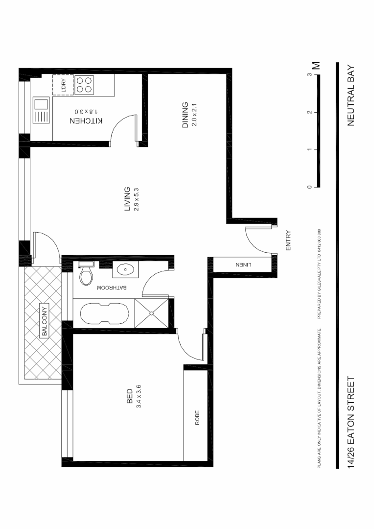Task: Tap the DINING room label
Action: click(185, 115)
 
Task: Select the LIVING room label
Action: click(127, 198)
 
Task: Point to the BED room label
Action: click(129, 396)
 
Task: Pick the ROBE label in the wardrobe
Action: click(198, 417)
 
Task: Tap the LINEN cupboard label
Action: click(243, 264)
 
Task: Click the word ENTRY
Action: click(288, 240)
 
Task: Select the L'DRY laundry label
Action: click(64, 85)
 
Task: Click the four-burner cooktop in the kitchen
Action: click(84, 85)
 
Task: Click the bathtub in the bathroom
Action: click(102, 313)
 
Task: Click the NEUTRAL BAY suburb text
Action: click(351, 96)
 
